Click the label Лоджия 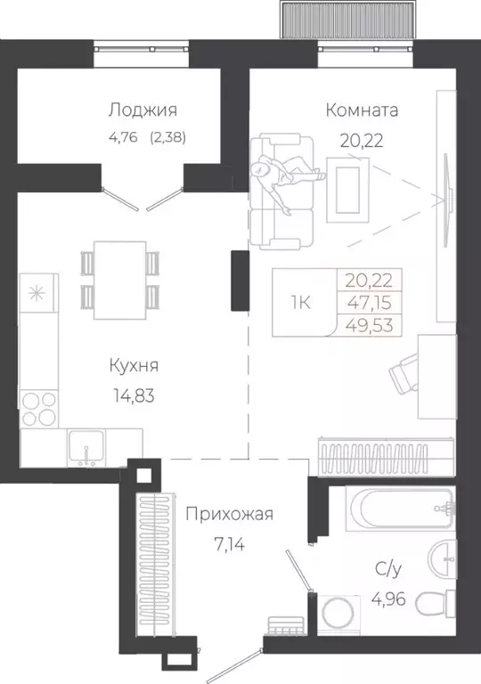[143, 110]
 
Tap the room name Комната [362, 110]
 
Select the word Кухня [135, 366]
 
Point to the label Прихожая [229, 513]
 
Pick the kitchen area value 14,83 [133, 396]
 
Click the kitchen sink [86, 448]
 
